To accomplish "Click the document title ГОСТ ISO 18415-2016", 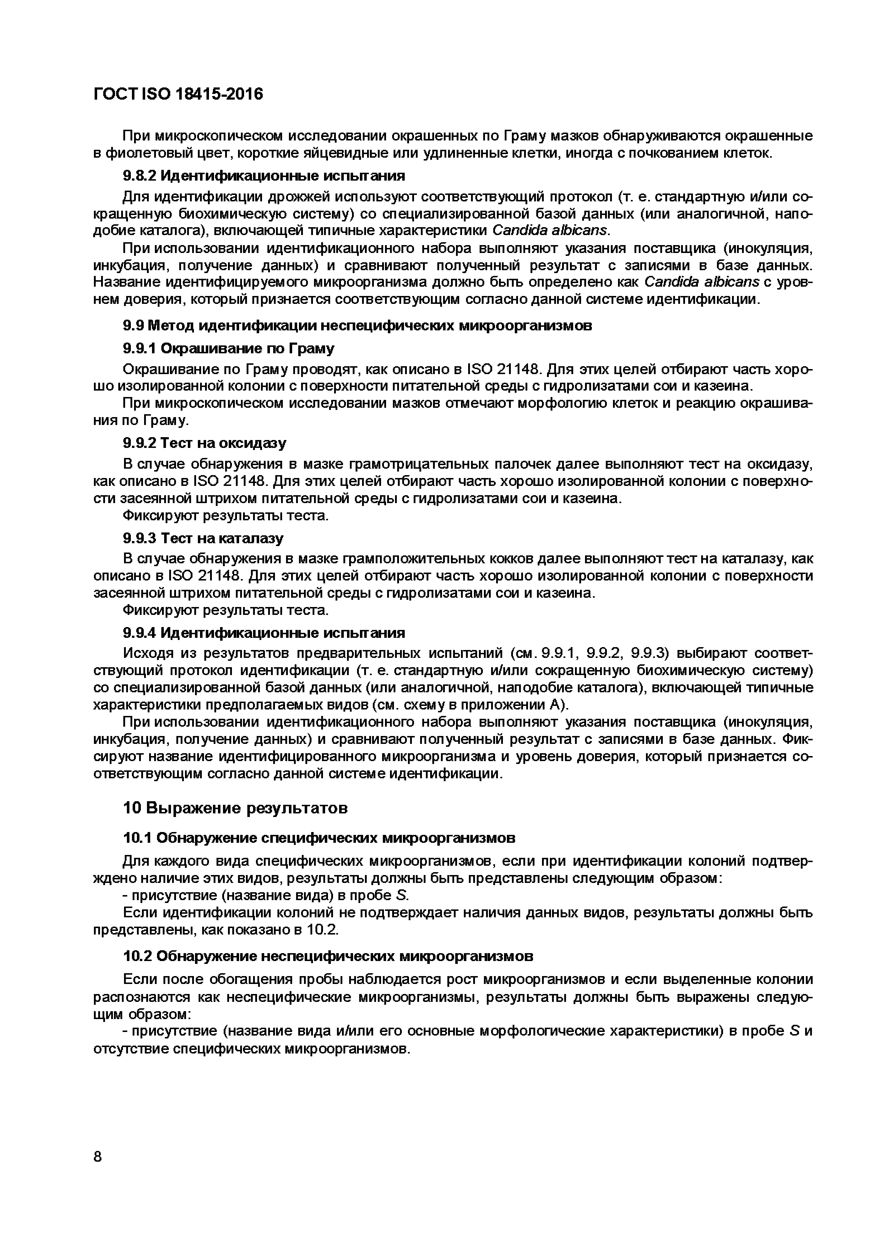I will click(x=178, y=94).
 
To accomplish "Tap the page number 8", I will click(x=98, y=1157).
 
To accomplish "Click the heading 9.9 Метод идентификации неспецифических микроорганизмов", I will click(x=357, y=326).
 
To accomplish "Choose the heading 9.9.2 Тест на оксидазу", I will click(x=204, y=443).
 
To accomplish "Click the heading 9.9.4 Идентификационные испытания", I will click(x=263, y=633).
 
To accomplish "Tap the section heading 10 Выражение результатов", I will click(x=235, y=808).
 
